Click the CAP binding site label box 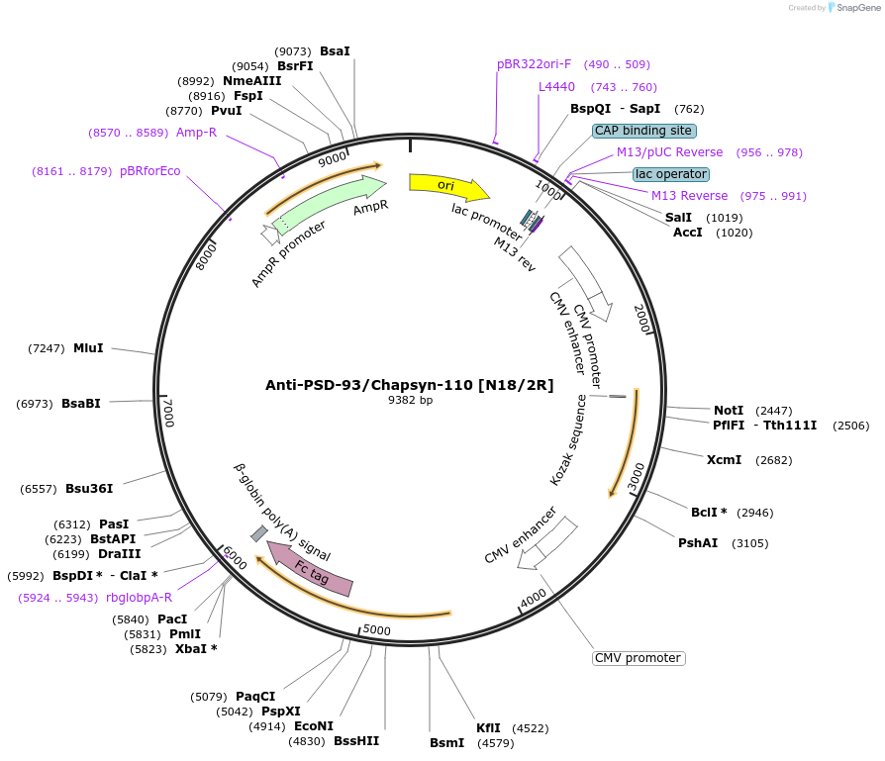[x=643, y=131]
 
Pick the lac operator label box [x=670, y=174]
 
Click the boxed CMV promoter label [x=638, y=658]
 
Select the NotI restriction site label [x=728, y=410]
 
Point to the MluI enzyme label [x=88, y=348]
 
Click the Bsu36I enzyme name [x=89, y=488]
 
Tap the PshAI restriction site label [x=698, y=542]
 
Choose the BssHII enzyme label [x=355, y=740]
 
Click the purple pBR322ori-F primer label [x=534, y=64]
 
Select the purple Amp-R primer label [x=196, y=132]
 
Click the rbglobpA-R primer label [x=139, y=597]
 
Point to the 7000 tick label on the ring [x=168, y=414]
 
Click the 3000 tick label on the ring [x=636, y=475]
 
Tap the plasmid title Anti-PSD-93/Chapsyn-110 [x=409, y=385]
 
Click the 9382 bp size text [x=410, y=401]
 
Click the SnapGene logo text [x=858, y=8]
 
